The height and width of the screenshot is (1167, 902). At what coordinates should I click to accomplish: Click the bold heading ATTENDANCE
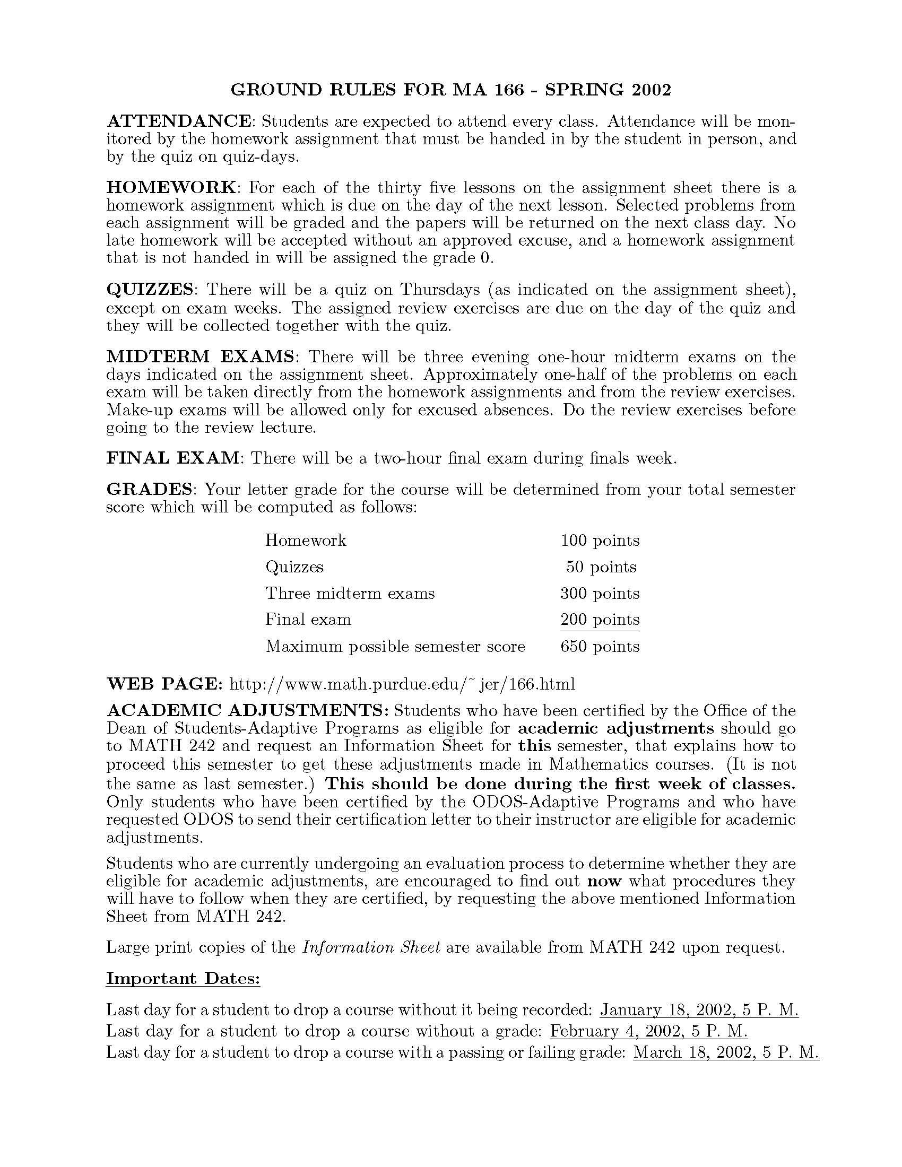[x=178, y=121]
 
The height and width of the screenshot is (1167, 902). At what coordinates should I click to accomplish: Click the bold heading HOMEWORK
[x=171, y=188]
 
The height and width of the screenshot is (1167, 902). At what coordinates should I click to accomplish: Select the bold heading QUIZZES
[x=150, y=290]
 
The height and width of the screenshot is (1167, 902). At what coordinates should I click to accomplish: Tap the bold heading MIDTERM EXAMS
[x=201, y=356]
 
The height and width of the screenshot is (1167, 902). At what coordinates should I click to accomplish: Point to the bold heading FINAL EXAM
[x=172, y=458]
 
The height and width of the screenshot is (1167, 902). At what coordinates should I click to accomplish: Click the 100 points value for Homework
[x=600, y=541]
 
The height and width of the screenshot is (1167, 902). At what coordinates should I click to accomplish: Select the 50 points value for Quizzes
[x=601, y=567]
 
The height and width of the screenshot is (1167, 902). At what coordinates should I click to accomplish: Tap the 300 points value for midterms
[x=600, y=594]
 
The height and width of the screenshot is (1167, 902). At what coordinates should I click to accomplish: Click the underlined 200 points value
[x=600, y=620]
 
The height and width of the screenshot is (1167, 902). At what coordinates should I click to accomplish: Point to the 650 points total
[x=600, y=647]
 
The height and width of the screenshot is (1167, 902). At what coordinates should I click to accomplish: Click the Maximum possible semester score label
[x=395, y=647]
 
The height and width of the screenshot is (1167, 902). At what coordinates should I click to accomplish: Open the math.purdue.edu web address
[x=402, y=684]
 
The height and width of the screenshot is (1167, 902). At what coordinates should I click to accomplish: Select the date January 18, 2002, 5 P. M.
[x=699, y=1010]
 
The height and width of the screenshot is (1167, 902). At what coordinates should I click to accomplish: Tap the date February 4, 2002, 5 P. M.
[x=648, y=1031]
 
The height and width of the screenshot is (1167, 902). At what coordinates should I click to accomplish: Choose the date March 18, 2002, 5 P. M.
[x=726, y=1052]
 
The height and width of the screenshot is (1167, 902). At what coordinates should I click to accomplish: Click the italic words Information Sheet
[x=371, y=947]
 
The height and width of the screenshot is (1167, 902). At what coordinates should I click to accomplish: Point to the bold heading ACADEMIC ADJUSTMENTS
[x=248, y=711]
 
